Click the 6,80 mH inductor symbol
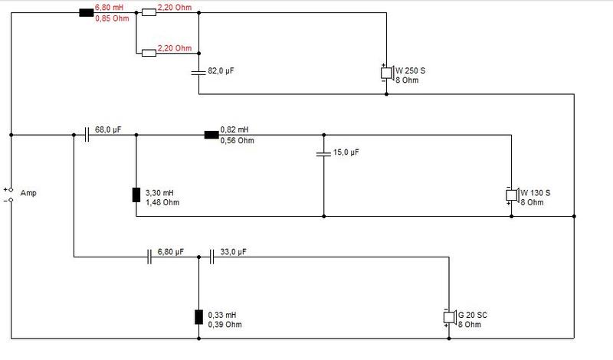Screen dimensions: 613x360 tap(87, 13)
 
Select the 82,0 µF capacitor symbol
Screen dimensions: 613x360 tap(198, 72)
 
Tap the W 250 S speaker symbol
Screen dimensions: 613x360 tap(387, 73)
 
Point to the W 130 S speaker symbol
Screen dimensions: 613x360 tap(512, 195)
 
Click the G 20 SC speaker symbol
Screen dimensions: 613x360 tap(450, 317)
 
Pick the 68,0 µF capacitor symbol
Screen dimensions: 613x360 tap(87, 135)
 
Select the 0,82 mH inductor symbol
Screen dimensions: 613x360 tap(211, 135)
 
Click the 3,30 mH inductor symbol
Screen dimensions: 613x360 tap(136, 195)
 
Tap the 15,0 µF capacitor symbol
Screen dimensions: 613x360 tap(323, 154)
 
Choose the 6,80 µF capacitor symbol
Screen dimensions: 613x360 tap(149, 257)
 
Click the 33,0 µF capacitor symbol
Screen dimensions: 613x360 tap(211, 257)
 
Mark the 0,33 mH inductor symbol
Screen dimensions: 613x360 tap(198, 316)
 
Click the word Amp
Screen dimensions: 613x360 tap(28, 193)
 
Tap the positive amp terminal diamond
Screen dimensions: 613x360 tap(11, 190)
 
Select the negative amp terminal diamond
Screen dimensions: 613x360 tap(11, 200)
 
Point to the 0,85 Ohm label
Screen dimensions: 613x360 tap(112, 18)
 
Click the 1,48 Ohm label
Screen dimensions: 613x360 tap(162, 202)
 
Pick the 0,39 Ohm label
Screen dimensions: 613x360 tap(225, 325)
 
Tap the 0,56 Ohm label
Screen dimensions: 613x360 tap(237, 140)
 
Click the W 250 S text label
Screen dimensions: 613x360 tap(410, 70)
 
